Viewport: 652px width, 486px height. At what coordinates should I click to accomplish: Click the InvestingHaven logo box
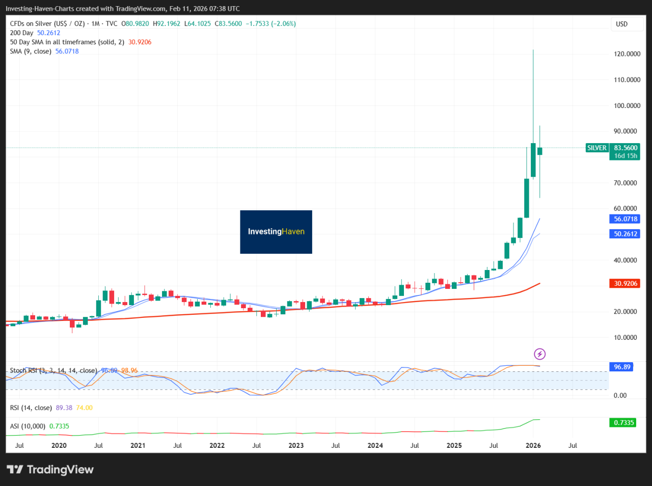tap(276, 232)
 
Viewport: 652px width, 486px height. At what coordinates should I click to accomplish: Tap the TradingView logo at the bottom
tap(50, 469)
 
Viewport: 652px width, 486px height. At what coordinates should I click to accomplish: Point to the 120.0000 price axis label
tap(627, 54)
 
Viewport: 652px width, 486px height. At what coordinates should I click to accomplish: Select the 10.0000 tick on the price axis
tap(626, 338)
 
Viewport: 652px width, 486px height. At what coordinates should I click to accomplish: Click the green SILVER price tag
tap(597, 148)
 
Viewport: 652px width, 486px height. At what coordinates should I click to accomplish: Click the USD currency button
tap(621, 24)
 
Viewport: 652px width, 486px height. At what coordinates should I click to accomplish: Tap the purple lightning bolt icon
tap(539, 354)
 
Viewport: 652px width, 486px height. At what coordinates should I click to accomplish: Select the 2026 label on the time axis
tap(533, 446)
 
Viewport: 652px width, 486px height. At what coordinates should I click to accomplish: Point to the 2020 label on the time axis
tap(59, 446)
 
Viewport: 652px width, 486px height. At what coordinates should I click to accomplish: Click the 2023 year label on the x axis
tap(296, 446)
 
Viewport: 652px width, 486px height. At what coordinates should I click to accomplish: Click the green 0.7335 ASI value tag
tap(623, 423)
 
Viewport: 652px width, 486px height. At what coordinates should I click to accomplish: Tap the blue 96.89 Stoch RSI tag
tap(622, 367)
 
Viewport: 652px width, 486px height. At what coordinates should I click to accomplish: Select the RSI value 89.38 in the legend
tap(64, 408)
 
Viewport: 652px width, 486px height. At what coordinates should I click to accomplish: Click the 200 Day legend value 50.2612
tap(48, 33)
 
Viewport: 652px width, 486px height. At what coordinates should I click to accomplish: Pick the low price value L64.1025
tap(197, 24)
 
